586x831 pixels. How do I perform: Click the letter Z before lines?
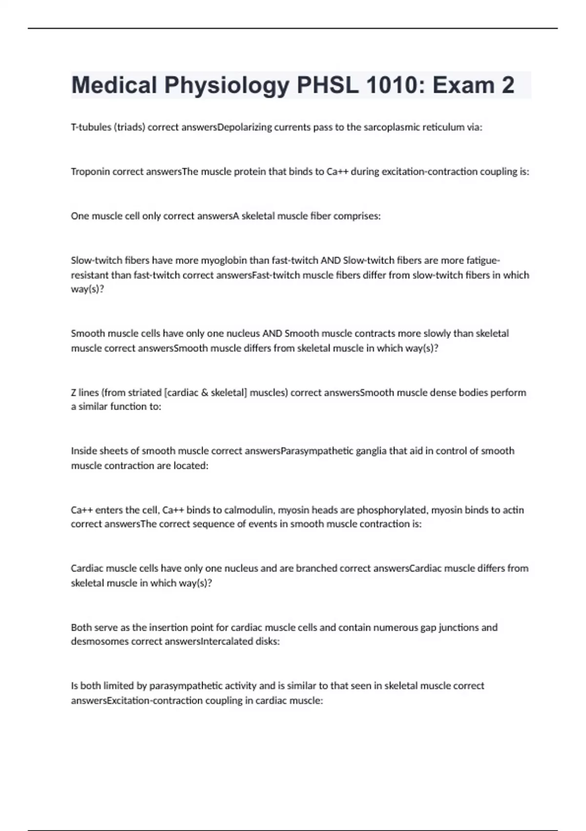tap(74, 393)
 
